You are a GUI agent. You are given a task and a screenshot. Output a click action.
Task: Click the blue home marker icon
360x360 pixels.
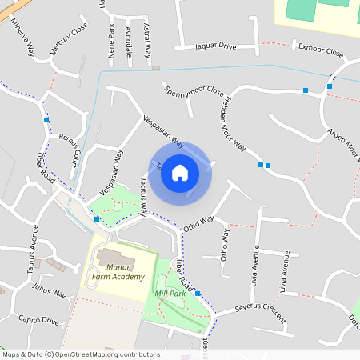180,172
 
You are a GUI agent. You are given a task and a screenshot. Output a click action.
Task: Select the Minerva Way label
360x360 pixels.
22,37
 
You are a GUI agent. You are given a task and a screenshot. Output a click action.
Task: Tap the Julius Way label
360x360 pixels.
49,294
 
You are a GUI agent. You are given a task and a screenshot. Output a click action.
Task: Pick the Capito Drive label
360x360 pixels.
39,321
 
